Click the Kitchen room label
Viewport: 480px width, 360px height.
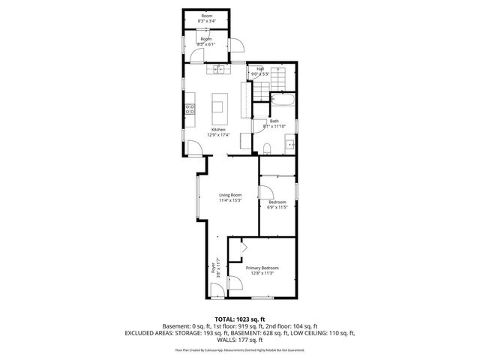coord(218,129)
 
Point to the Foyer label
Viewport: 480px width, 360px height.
coord(213,265)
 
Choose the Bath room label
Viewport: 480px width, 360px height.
coord(274,121)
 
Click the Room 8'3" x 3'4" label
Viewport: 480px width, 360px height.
coord(206,16)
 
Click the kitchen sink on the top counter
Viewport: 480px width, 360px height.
coord(218,70)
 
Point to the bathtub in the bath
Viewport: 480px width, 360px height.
coord(282,100)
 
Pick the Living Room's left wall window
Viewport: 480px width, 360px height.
coord(197,196)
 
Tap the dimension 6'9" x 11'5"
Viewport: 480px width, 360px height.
coord(277,207)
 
